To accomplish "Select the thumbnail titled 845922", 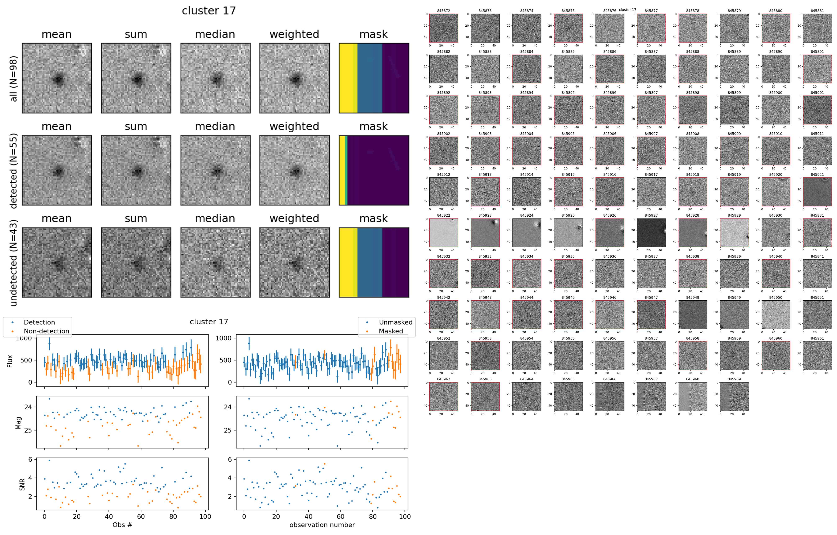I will click(444, 233).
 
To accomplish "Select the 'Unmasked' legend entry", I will click(395, 322).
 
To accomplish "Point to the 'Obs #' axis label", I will click(122, 525).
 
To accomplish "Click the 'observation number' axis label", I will click(322, 525).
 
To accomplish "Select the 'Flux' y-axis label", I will click(10, 361).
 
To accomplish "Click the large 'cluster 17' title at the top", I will click(209, 11).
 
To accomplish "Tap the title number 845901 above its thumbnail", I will click(817, 93).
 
